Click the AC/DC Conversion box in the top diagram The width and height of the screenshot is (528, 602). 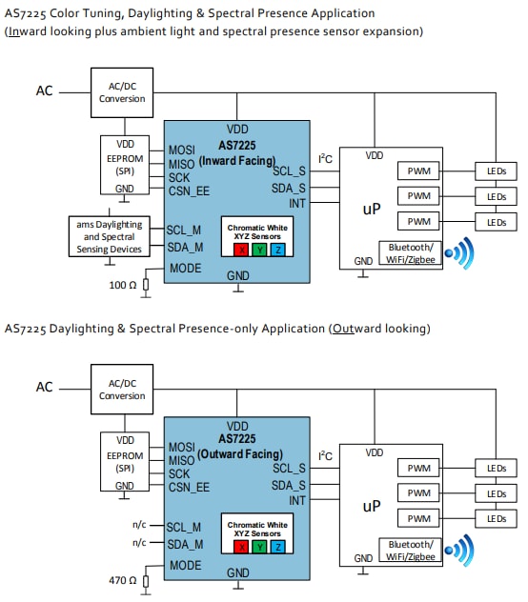click(122, 91)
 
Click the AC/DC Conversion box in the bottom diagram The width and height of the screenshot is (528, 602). click(122, 389)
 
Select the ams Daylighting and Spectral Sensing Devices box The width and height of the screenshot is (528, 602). click(110, 237)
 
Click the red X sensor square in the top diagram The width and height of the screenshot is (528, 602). click(242, 250)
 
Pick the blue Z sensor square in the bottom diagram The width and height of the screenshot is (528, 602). click(276, 546)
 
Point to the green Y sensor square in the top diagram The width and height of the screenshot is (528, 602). click(259, 250)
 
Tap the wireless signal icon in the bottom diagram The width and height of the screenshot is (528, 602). click(461, 551)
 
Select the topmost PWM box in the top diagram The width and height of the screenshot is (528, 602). click(419, 171)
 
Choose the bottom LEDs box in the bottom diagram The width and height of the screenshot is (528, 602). click(496, 519)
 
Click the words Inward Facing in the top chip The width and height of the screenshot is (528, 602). click(237, 162)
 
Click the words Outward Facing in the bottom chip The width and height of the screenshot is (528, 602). click(237, 454)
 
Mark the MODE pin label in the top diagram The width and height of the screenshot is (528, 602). click(184, 269)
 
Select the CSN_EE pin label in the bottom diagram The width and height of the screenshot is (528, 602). click(189, 487)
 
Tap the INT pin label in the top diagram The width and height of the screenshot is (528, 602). click(296, 204)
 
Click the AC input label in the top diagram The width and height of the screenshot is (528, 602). click(45, 91)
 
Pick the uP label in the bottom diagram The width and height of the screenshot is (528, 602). click(371, 508)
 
